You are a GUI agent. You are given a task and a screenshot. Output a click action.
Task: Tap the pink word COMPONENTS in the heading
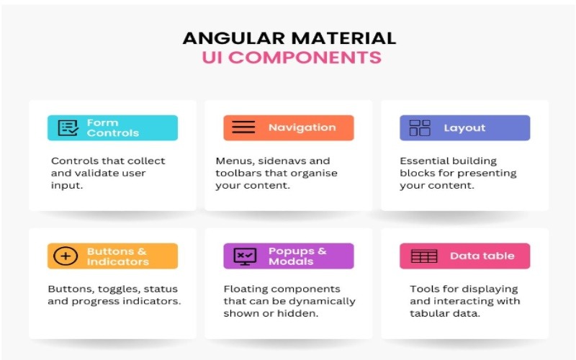click(307, 58)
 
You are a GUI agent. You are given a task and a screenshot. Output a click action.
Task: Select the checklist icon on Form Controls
click(68, 128)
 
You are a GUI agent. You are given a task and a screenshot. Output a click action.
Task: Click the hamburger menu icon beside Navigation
click(243, 127)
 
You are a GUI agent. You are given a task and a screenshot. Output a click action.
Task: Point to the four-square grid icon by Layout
click(420, 128)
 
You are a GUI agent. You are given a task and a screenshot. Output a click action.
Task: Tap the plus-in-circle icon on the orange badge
click(66, 256)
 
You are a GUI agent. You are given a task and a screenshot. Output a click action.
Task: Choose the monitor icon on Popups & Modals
click(245, 256)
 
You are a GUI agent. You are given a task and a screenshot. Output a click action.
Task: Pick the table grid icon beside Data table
click(424, 256)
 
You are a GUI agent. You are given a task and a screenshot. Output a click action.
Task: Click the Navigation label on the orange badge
click(302, 127)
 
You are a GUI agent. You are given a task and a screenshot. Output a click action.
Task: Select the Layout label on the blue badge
click(464, 128)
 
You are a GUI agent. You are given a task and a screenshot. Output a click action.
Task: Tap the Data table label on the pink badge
click(482, 256)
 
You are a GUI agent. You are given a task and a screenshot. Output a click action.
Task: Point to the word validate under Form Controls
click(96, 173)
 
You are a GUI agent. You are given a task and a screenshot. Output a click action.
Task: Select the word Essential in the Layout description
click(422, 161)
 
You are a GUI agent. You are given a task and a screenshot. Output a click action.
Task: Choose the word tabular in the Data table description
click(427, 314)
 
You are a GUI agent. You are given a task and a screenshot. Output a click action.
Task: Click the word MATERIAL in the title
click(344, 38)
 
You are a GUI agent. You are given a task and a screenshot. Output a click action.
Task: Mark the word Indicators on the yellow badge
click(118, 261)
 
